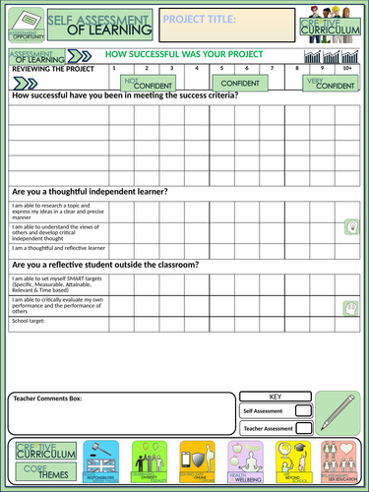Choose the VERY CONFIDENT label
tap(330, 85)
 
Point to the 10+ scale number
tap(346, 69)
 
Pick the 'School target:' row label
tap(30, 321)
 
